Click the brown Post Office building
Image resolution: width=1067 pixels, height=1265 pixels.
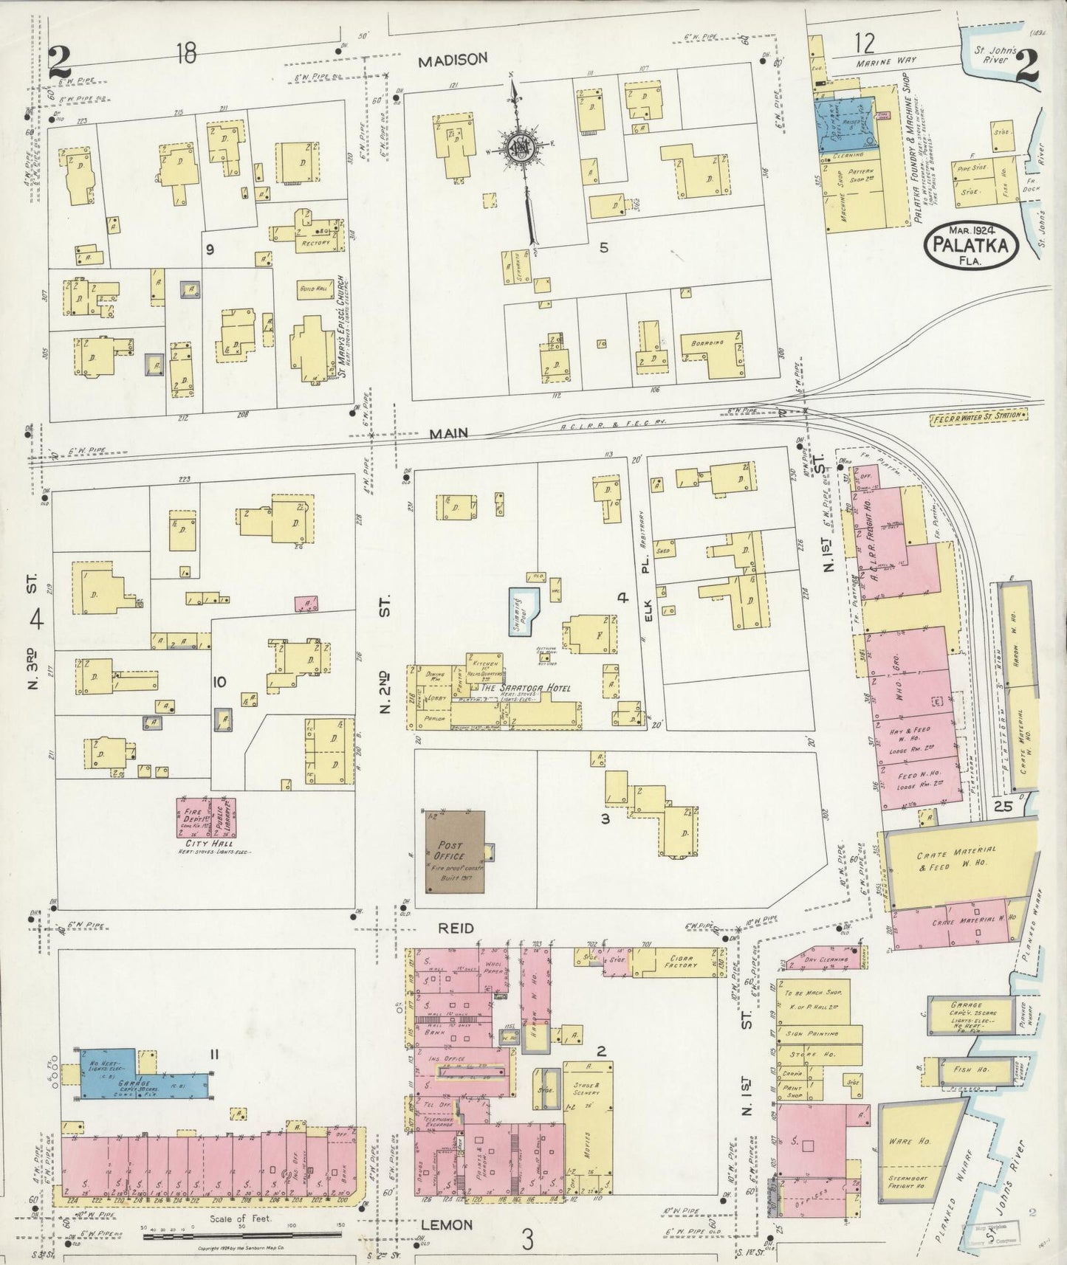tap(455, 852)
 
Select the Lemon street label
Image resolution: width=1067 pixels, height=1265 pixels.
tap(446, 1224)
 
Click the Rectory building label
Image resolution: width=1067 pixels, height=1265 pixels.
tap(315, 241)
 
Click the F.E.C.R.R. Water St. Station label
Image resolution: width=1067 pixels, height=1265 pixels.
tap(978, 416)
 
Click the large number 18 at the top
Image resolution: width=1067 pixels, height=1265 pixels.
tap(186, 53)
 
